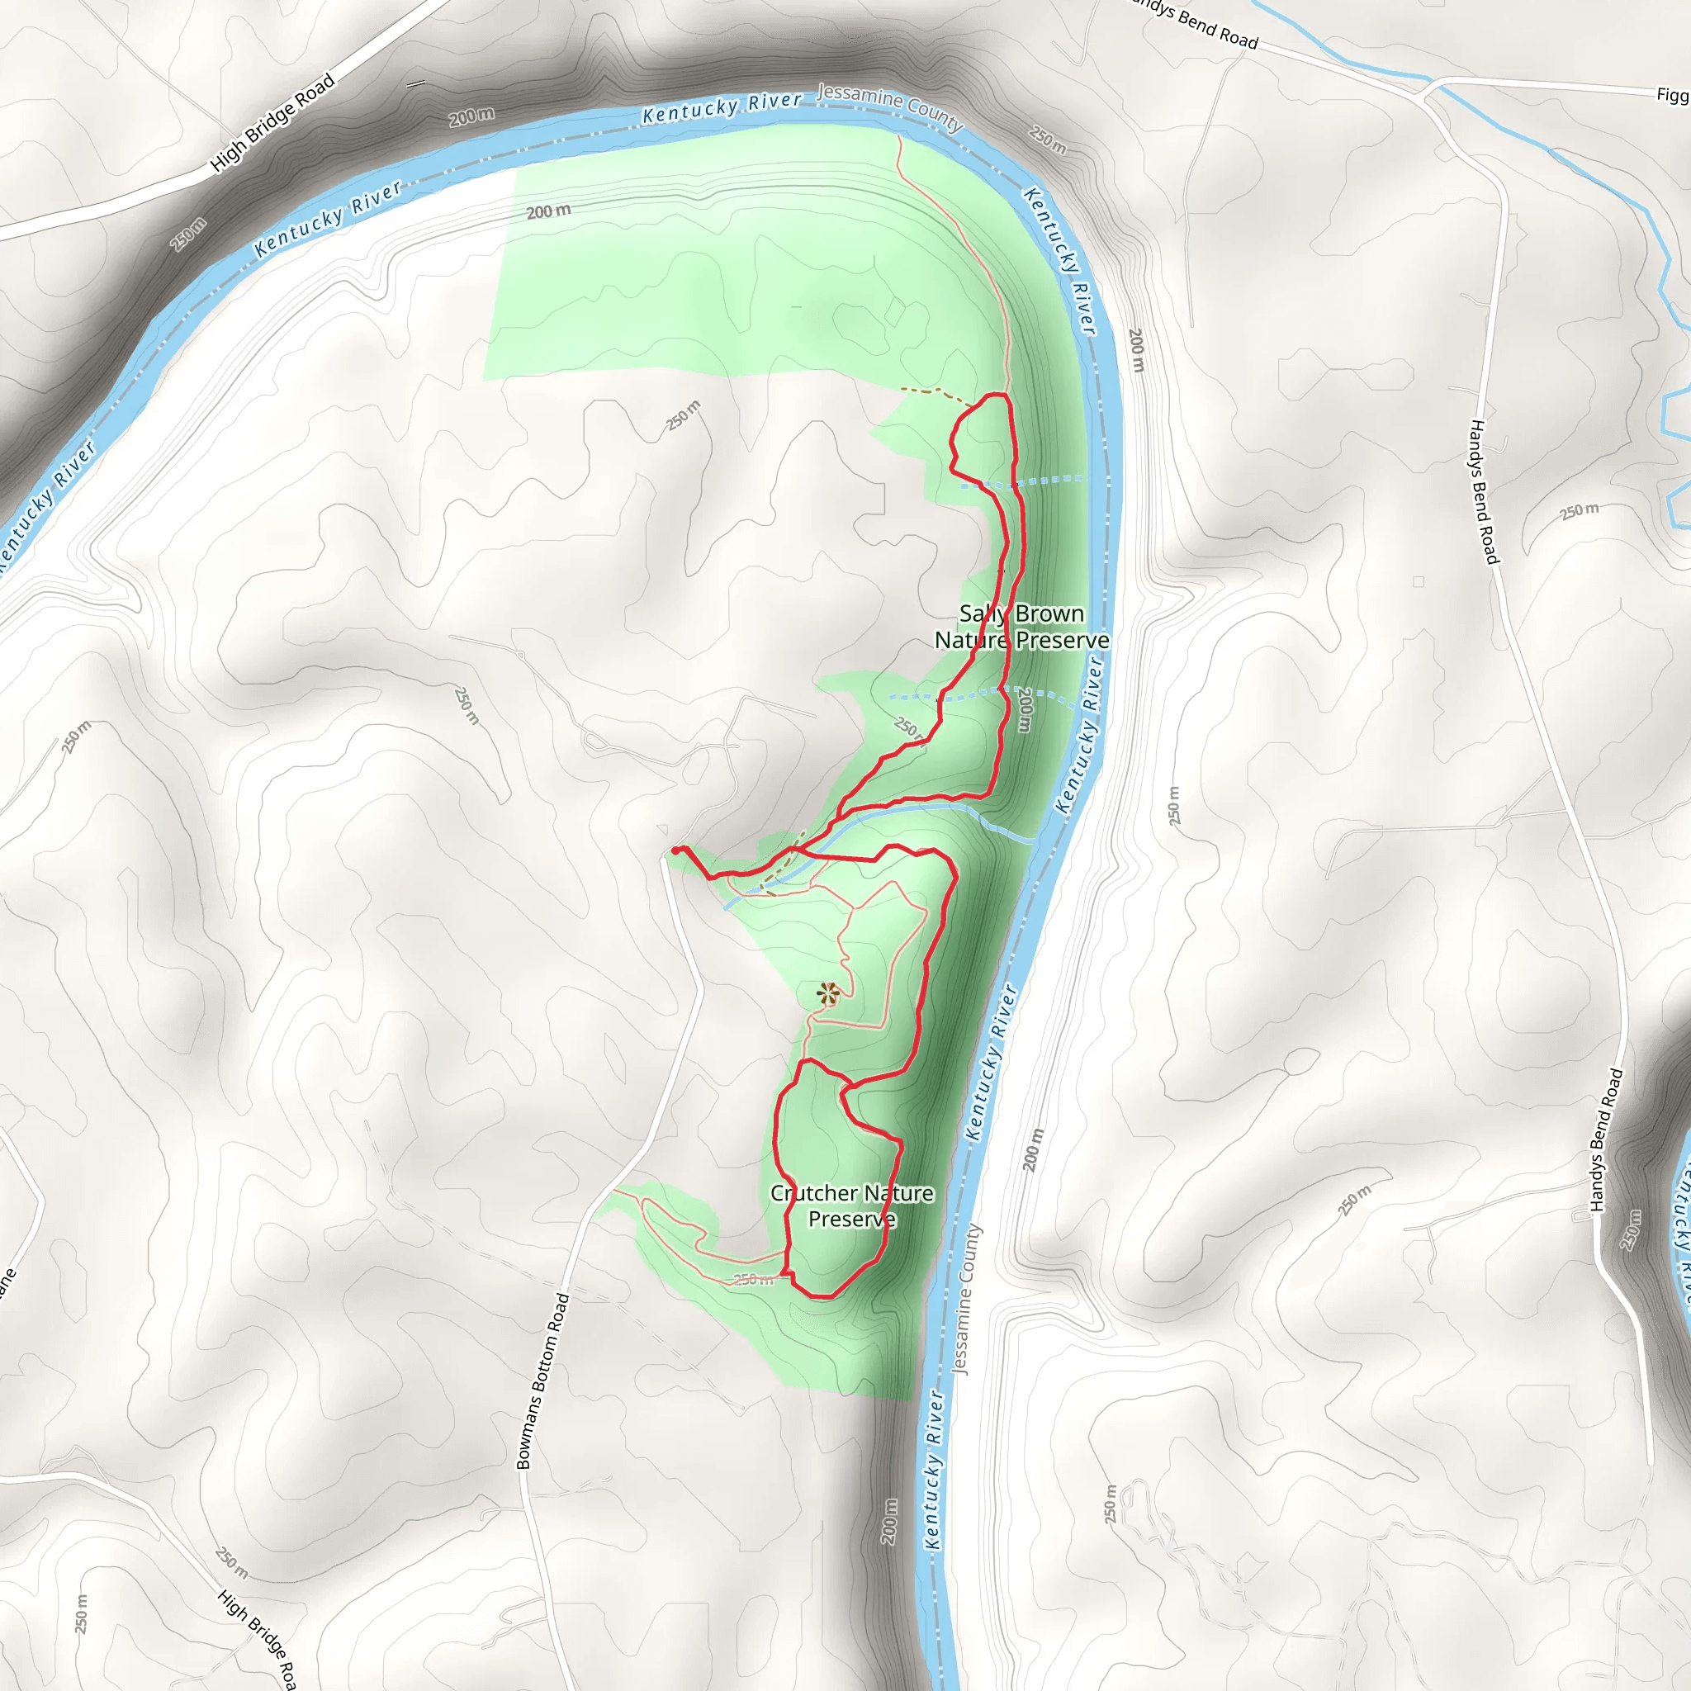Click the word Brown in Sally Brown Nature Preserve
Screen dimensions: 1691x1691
pos(1049,614)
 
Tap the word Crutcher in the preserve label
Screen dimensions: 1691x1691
pos(814,1193)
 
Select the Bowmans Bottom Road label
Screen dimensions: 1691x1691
pos(542,1381)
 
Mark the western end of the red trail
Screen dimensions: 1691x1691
pos(675,850)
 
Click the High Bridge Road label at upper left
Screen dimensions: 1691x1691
pos(272,122)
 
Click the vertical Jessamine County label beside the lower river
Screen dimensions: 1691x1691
pos(966,1300)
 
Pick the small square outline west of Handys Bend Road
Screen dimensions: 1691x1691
pos(1418,582)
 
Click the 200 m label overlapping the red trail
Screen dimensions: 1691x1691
pos(1025,709)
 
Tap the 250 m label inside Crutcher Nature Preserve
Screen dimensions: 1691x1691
pos(753,1280)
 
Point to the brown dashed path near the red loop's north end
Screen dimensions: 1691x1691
pos(935,393)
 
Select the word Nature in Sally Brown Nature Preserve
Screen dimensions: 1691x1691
pos(972,641)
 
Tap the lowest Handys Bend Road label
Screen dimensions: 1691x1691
pos(1606,1140)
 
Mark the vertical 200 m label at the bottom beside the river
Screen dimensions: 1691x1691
pos(889,1520)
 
